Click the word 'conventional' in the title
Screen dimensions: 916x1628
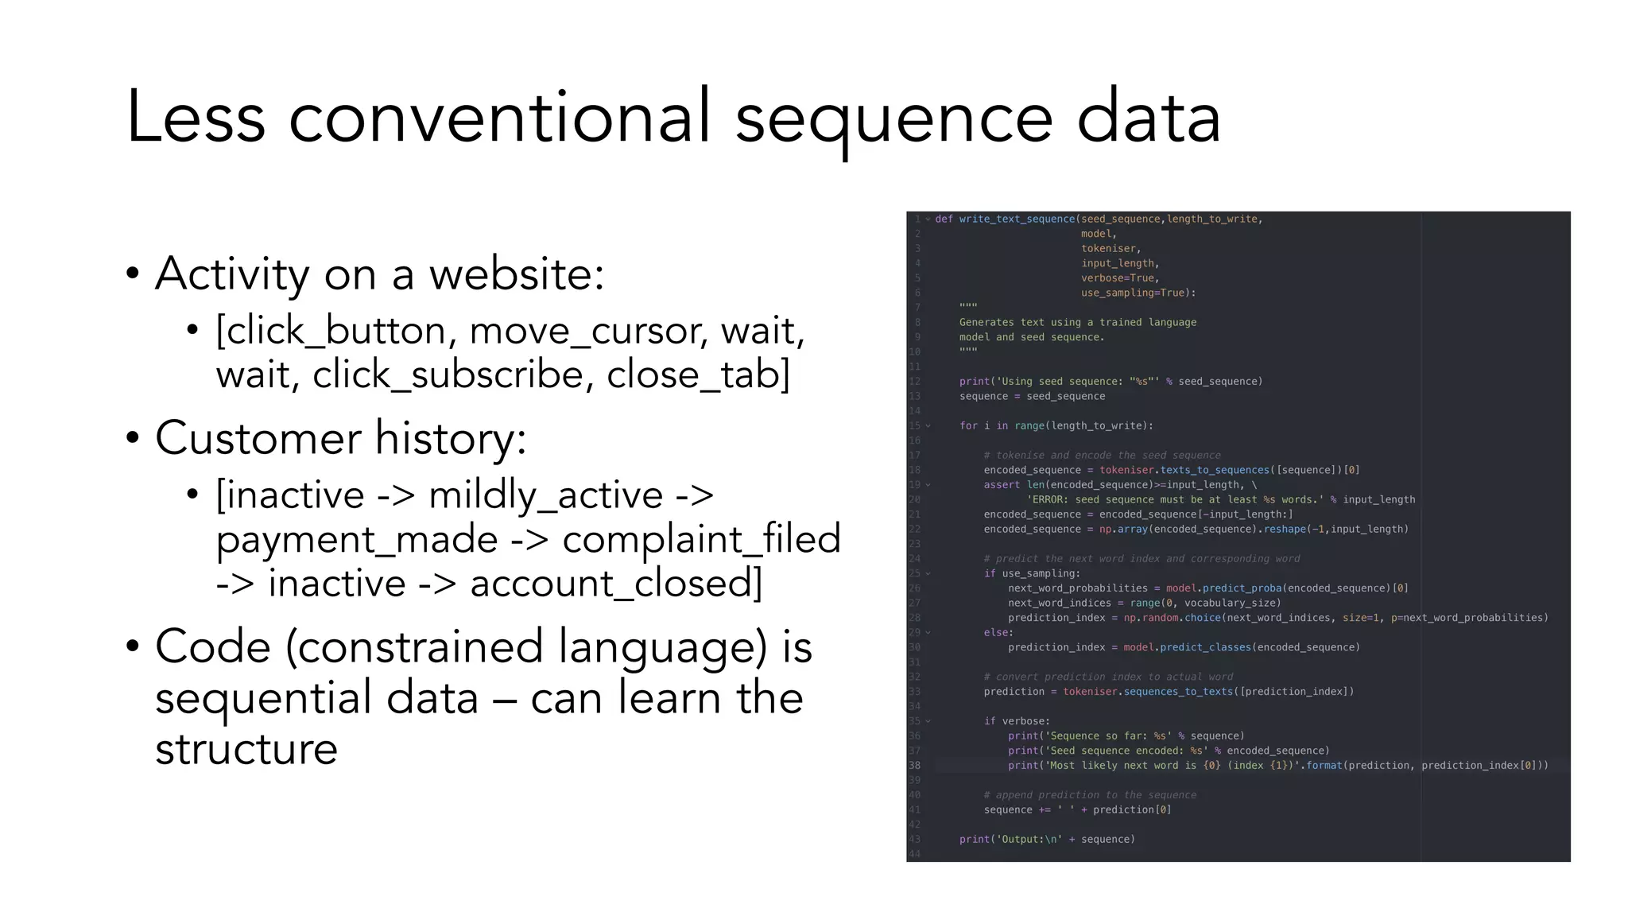click(499, 118)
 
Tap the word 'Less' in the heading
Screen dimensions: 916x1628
click(196, 118)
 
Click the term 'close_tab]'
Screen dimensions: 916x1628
click(699, 375)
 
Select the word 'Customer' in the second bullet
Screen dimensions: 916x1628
click(258, 438)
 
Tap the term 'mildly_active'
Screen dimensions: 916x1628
click(545, 495)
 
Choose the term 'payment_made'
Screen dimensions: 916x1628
click(357, 540)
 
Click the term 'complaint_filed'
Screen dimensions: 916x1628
click(701, 540)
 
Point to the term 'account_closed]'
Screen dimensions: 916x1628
click(616, 584)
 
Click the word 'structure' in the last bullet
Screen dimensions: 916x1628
click(246, 749)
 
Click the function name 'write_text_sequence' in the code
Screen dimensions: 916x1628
click(1017, 219)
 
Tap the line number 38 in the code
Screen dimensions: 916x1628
click(915, 766)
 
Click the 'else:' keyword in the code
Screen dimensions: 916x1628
click(998, 633)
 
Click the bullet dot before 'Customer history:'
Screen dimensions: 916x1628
click(133, 438)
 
